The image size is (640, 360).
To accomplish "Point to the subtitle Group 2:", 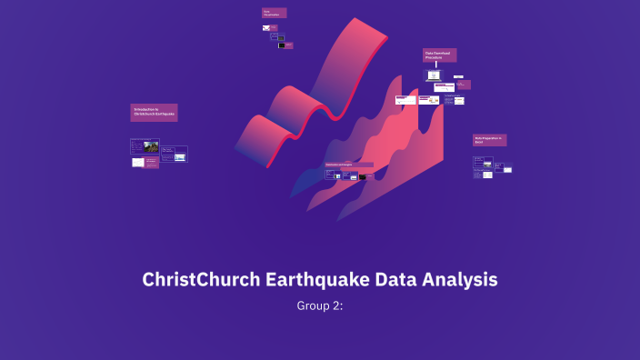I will click(320, 305).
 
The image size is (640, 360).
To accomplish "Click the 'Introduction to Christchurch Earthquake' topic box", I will click(154, 113).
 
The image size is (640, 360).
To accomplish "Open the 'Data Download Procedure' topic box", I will click(439, 55).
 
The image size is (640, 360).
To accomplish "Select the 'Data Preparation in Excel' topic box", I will click(489, 140).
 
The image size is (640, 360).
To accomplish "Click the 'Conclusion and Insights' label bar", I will click(348, 165).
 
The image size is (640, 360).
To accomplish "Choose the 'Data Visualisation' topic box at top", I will click(275, 14).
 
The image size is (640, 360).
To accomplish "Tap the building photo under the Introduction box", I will click(152, 145).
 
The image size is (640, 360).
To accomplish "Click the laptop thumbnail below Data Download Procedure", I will click(434, 75).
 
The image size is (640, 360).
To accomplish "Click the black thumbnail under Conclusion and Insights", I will click(362, 177).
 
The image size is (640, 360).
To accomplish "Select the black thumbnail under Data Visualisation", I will click(282, 45).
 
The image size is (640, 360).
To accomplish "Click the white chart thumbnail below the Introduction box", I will click(137, 162).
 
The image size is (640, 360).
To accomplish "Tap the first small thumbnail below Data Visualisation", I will click(266, 28).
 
